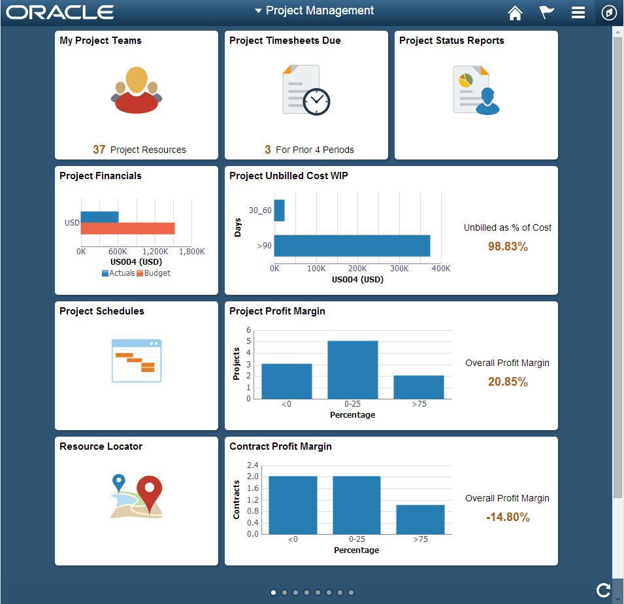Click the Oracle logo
coord(60,12)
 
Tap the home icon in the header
coord(516,12)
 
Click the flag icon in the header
coord(546,12)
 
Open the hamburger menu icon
coord(578,12)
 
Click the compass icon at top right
coord(609,12)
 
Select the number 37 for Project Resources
coord(99,150)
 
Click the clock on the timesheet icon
coord(317,101)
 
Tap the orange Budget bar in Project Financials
coord(127,228)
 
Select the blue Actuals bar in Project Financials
coord(99,216)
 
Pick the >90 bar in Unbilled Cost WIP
coord(352,246)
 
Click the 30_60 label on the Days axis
coord(259,210)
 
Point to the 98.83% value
coord(508,246)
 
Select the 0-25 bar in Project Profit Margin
coord(353,369)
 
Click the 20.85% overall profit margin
coord(508,382)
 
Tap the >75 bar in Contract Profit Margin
coord(420,519)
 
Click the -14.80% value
coord(508,517)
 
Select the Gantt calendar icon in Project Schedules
coord(137,360)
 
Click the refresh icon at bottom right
coord(603,590)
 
